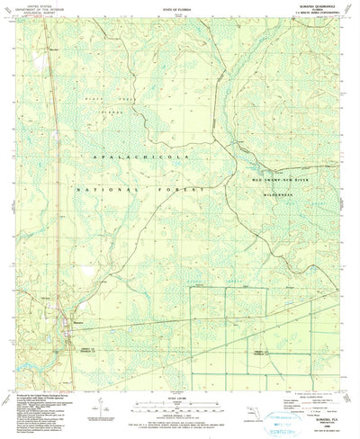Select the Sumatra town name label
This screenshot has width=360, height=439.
coord(79,320)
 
